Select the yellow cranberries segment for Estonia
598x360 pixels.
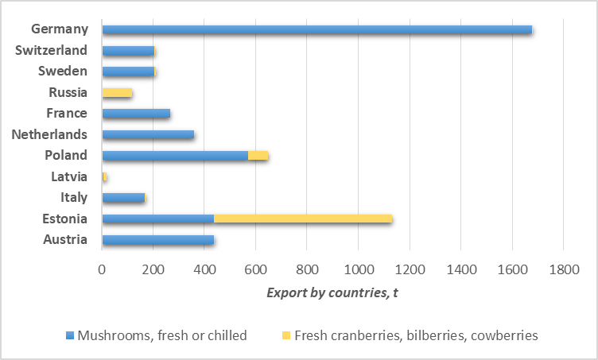click(303, 219)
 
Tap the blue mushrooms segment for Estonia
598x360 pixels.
click(158, 219)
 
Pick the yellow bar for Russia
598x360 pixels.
click(117, 93)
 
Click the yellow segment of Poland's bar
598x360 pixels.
click(258, 156)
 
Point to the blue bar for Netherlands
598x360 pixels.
click(148, 135)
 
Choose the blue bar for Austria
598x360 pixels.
click(158, 240)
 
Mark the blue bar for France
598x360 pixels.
click(136, 114)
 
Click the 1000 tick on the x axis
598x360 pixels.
click(359, 270)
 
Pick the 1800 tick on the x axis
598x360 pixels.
click(563, 270)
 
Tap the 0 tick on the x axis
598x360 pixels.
click(102, 270)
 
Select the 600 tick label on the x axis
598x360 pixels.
click(256, 270)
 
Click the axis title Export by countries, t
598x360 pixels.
click(332, 293)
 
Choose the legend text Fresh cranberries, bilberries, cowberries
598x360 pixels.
click(416, 335)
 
